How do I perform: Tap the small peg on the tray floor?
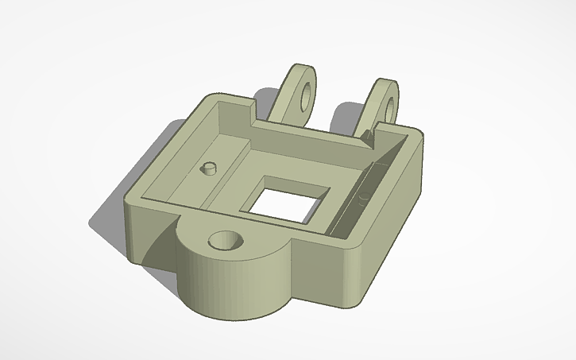point(210,168)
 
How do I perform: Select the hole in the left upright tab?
point(303,92)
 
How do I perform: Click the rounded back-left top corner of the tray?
point(211,99)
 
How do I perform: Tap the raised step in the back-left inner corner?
point(230,131)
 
